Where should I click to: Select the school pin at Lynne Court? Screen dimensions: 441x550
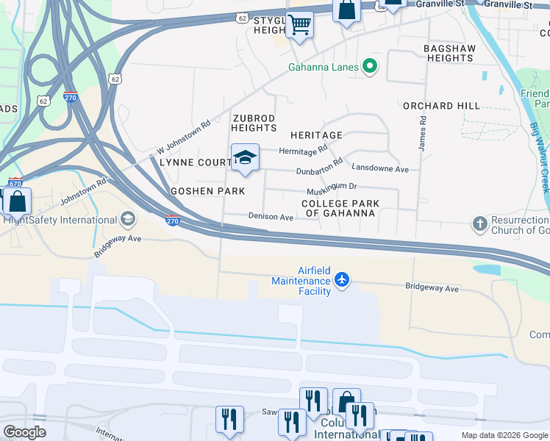[245, 157]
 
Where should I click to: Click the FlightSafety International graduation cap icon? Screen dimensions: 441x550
[128, 219]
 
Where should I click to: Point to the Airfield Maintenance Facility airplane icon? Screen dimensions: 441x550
[341, 279]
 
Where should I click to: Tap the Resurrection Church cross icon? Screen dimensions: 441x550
[479, 223]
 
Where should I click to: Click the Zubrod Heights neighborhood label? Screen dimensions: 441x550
[254, 123]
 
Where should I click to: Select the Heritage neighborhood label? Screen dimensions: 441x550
[316, 135]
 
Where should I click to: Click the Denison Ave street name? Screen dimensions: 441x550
[271, 218]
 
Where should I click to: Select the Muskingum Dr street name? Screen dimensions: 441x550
[332, 187]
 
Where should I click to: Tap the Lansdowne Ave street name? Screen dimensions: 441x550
[379, 168]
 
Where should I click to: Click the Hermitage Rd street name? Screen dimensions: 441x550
[303, 151]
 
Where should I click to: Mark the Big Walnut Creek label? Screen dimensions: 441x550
[539, 157]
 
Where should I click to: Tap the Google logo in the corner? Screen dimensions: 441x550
[25, 431]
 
